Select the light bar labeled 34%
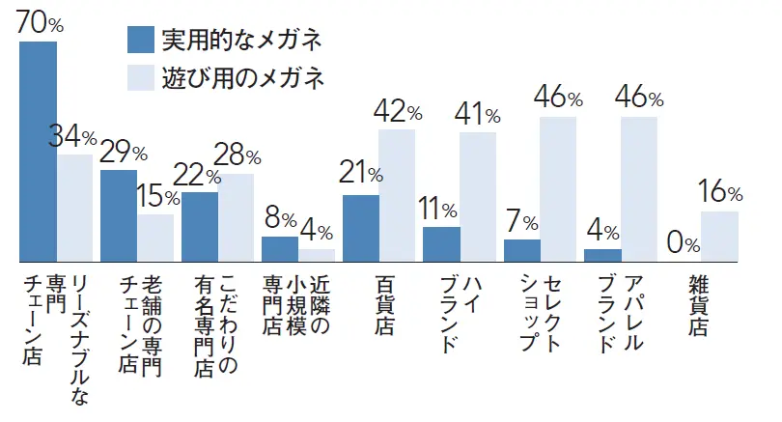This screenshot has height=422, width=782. (x=74, y=208)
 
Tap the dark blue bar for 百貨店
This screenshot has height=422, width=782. (x=360, y=228)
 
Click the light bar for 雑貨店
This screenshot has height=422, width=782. (x=719, y=237)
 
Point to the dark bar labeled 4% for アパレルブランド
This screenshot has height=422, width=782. (x=602, y=255)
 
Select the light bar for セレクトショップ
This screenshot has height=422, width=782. (x=558, y=189)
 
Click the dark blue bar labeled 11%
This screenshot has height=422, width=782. (x=441, y=244)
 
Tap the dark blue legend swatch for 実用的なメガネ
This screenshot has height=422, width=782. (x=140, y=40)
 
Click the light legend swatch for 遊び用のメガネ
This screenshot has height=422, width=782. (x=140, y=76)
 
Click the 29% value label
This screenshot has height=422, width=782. (x=124, y=152)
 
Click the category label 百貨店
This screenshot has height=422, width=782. (x=384, y=305)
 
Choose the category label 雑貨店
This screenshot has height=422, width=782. (x=698, y=305)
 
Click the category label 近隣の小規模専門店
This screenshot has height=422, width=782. (x=297, y=305)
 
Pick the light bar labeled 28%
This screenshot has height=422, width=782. (x=236, y=217)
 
